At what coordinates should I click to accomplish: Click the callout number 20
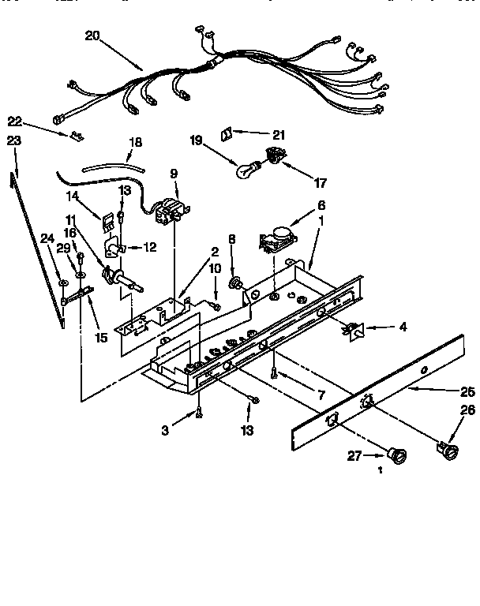(x=93, y=36)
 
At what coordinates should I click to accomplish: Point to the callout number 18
(x=135, y=143)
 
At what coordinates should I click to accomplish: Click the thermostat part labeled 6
(x=275, y=235)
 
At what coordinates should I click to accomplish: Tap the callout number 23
(x=13, y=140)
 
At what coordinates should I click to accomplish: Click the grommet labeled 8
(x=234, y=281)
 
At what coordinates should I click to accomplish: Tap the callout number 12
(x=149, y=248)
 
